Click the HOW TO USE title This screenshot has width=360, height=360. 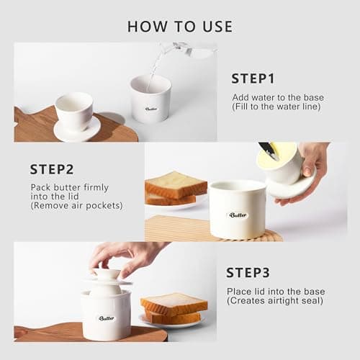pos(179,27)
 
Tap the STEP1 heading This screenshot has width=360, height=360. pos(253,78)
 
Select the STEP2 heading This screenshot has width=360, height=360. pos(52,169)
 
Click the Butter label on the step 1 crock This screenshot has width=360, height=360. pos(150,109)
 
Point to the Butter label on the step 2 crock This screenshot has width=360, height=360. pos(238,215)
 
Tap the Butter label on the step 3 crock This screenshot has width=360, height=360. pos(107,318)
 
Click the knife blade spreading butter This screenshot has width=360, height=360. pos(269,150)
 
